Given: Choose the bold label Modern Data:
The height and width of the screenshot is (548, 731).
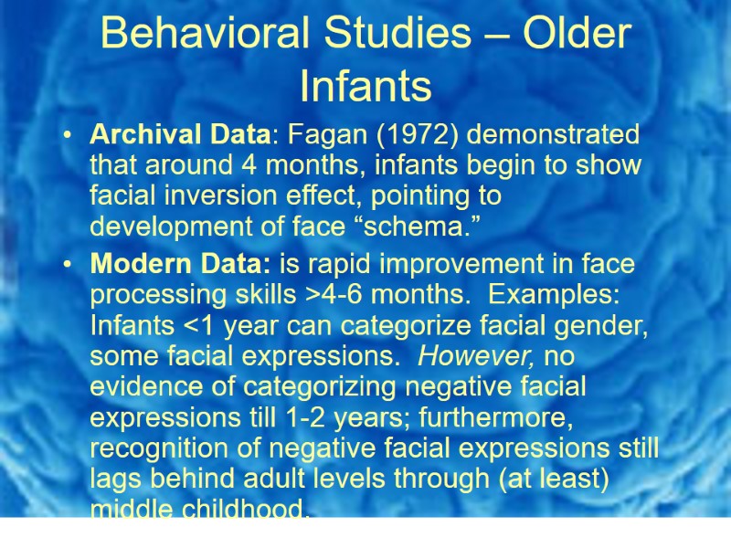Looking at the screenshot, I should pyautogui.click(x=179, y=264).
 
